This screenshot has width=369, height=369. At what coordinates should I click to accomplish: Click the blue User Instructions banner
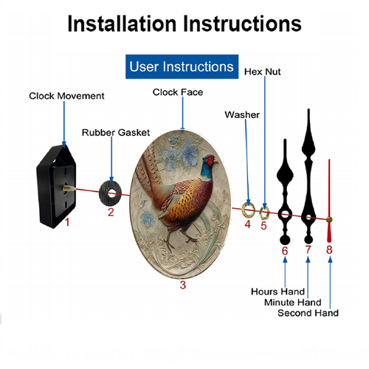(x=182, y=66)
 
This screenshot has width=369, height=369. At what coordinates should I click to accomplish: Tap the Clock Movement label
(x=66, y=96)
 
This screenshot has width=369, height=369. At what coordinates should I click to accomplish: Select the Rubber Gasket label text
(x=116, y=133)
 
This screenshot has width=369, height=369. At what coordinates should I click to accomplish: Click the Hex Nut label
(x=262, y=72)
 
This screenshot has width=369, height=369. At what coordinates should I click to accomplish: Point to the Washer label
(x=242, y=115)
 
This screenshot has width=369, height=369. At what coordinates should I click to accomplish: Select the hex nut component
(x=264, y=213)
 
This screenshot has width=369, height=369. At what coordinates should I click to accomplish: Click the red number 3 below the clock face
(x=183, y=285)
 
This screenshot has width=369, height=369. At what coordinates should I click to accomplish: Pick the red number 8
(x=329, y=249)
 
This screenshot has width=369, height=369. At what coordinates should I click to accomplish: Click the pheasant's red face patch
(x=210, y=160)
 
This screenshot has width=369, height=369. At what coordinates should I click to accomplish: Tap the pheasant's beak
(x=216, y=162)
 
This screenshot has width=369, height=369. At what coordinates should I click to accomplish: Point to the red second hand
(x=329, y=201)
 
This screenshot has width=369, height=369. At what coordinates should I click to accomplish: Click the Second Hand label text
(x=308, y=313)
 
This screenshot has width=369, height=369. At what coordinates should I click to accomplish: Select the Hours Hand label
(x=277, y=292)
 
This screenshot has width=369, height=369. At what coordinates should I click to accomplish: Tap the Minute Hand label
(x=293, y=302)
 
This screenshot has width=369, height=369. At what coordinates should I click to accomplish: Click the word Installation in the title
(x=122, y=24)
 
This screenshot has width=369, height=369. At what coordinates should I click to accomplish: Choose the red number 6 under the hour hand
(x=285, y=251)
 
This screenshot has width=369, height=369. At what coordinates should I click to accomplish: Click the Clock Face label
(x=178, y=92)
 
